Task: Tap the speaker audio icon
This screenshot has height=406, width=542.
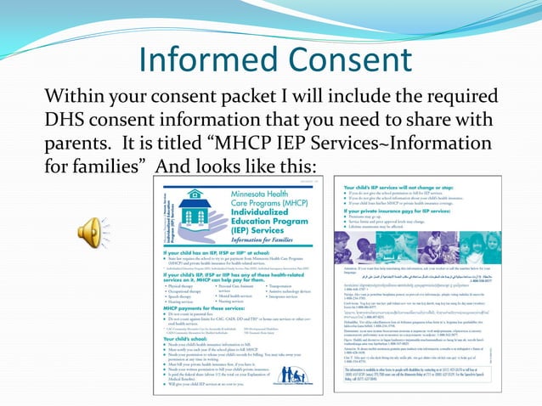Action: point(92,231)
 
